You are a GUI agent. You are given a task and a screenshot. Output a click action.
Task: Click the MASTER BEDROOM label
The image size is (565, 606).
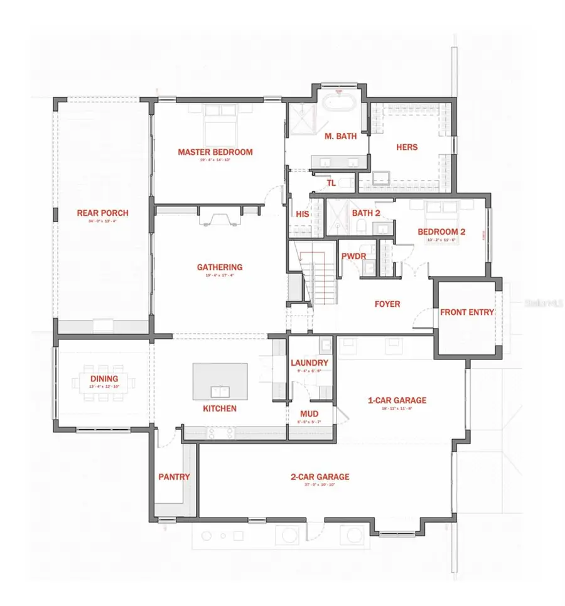(x=215, y=152)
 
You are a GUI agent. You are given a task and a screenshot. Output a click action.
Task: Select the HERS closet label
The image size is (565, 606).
(x=407, y=147)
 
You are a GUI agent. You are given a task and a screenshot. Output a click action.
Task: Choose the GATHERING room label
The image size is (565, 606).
(x=219, y=267)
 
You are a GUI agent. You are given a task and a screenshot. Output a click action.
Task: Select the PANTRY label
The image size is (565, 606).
(x=174, y=477)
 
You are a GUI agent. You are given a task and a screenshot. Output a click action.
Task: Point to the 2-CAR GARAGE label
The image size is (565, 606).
(x=320, y=477)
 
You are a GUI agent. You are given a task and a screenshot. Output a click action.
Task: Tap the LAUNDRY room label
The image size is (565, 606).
(x=309, y=363)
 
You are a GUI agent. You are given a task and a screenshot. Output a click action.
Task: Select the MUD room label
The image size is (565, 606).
(x=309, y=414)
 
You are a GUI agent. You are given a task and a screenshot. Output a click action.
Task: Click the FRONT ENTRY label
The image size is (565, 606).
(x=467, y=312)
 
